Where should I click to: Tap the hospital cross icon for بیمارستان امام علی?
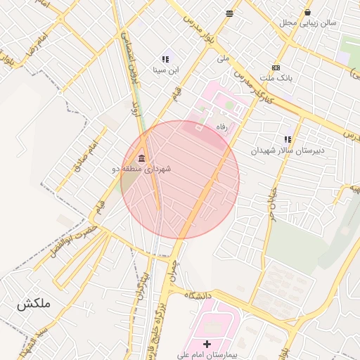(x=207, y=344)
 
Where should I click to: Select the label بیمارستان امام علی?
(x=207, y=355)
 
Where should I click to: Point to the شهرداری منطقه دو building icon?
(x=142, y=157)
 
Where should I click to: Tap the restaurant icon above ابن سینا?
(x=165, y=60)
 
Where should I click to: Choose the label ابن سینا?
(x=167, y=70)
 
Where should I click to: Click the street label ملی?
(x=224, y=59)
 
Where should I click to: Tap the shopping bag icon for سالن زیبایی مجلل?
(x=307, y=12)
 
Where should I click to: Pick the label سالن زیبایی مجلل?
(x=307, y=22)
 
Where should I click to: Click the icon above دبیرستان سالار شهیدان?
(x=287, y=139)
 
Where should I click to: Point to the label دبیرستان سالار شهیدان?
(x=284, y=150)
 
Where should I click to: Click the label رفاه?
(x=224, y=127)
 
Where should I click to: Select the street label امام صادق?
(x=84, y=157)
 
